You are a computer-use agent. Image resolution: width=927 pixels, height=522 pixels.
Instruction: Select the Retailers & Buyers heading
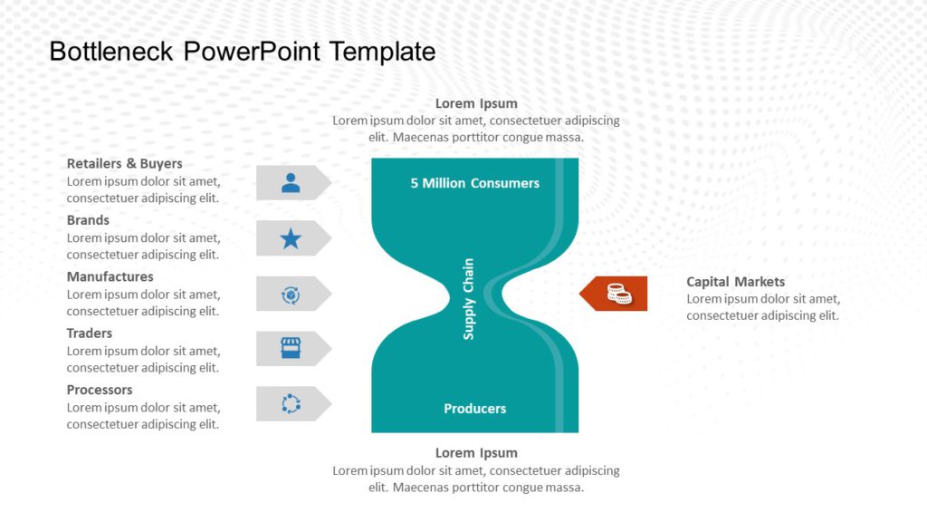click(x=124, y=164)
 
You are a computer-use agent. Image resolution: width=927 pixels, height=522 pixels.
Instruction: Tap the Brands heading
click(x=88, y=220)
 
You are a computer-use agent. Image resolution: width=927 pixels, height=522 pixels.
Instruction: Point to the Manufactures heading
click(x=110, y=276)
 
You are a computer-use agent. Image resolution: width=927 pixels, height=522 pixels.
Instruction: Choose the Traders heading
click(x=90, y=333)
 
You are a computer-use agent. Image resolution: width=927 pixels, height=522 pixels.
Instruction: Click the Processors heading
click(x=100, y=390)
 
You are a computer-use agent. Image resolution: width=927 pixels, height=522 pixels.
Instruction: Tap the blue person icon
click(x=291, y=183)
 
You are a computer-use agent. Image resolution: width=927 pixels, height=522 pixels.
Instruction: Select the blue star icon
click(x=291, y=238)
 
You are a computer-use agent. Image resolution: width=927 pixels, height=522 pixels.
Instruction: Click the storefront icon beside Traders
click(x=291, y=349)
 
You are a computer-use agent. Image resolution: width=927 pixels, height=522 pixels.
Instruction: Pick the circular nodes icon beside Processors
click(x=291, y=404)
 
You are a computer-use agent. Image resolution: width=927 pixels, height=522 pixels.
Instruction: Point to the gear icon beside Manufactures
click(x=291, y=295)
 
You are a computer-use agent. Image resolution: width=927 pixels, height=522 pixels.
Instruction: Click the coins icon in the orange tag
click(x=619, y=294)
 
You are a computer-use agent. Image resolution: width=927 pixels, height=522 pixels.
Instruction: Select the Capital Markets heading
click(x=735, y=282)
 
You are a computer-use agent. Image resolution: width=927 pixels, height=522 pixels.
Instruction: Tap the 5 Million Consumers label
click(x=474, y=183)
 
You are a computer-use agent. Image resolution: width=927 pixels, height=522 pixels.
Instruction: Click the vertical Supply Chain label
click(x=469, y=299)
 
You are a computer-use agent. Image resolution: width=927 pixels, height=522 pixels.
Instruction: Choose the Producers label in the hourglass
click(x=474, y=409)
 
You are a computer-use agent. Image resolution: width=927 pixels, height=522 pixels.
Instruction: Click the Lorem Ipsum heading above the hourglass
click(x=476, y=103)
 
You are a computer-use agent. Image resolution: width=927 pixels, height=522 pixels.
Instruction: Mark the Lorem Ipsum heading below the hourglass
click(x=476, y=453)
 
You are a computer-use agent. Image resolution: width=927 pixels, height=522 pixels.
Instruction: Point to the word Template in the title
click(x=382, y=52)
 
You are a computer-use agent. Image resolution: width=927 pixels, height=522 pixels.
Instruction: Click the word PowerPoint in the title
click(x=252, y=52)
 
